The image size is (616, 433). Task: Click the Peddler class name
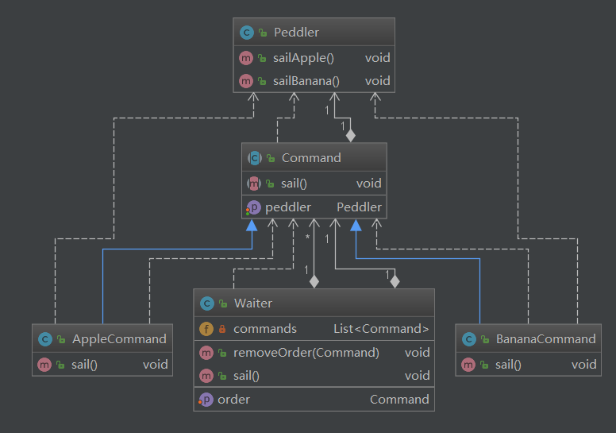[296, 33]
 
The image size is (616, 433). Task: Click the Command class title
[311, 157]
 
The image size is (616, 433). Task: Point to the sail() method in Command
[294, 184]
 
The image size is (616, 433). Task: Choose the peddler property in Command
[288, 207]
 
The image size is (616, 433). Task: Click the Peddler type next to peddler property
[359, 207]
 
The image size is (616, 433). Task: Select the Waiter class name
[253, 303]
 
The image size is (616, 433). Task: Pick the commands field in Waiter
[265, 328]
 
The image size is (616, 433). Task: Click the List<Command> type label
[381, 328]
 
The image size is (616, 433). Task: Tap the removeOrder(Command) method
[306, 352]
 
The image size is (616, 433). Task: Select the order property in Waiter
[233, 399]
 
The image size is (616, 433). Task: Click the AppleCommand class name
[119, 338]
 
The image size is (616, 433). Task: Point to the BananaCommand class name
[545, 338]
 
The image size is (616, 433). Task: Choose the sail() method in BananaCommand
[508, 365]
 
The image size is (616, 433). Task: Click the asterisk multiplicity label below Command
[306, 236]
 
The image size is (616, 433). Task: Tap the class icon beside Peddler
[246, 33]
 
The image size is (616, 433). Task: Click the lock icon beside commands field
[222, 328]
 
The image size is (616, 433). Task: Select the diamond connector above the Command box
[351, 136]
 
